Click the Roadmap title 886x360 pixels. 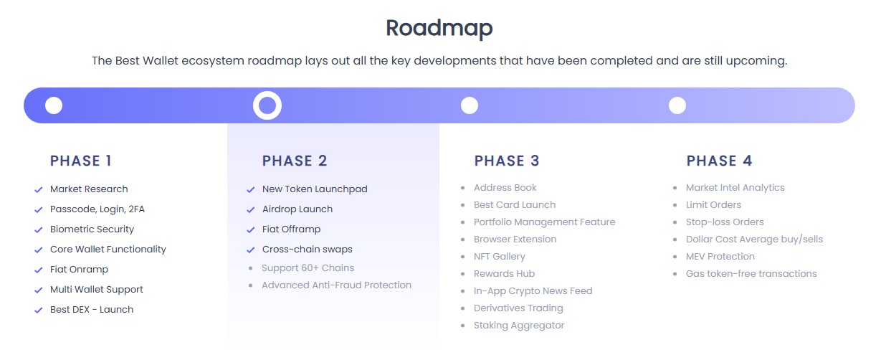[x=439, y=29]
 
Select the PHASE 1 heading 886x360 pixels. [x=81, y=161]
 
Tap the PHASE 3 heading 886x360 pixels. [x=507, y=161]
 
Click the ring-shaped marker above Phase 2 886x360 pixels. [x=267, y=94]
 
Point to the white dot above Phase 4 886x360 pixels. [x=677, y=105]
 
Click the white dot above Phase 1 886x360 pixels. [x=54, y=105]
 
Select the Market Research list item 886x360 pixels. [x=89, y=189]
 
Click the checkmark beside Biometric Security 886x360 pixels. [x=39, y=230]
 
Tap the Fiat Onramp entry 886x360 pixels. [x=79, y=270]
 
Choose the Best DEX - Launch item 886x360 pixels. [x=92, y=309]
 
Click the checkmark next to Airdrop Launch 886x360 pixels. [x=250, y=209]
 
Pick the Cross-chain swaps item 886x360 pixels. [x=308, y=250]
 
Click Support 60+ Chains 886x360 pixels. [x=308, y=267]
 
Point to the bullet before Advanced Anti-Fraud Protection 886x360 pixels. [x=250, y=285]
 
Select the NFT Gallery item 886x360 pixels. [x=500, y=256]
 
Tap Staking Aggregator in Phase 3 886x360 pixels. [x=519, y=325]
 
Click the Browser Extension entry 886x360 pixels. [x=515, y=239]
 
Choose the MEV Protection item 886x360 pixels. [x=720, y=256]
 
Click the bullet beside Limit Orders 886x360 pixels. [x=675, y=205]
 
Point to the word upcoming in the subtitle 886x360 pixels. [x=756, y=61]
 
